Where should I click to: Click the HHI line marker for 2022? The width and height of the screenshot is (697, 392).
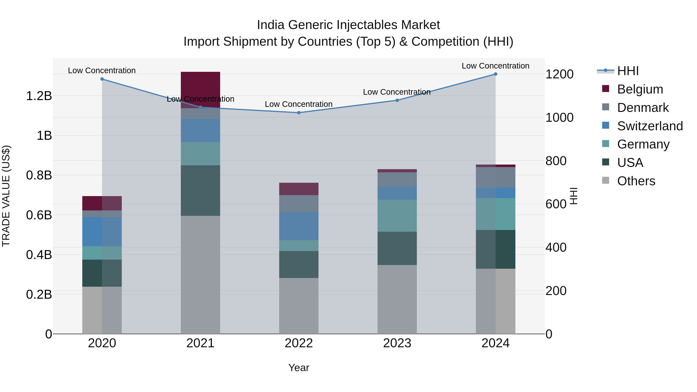(299, 112)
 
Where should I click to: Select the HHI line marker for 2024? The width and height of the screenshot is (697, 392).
(495, 74)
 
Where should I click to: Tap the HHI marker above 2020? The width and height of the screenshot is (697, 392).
(102, 79)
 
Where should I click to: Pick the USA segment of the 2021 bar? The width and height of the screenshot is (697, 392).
(200, 190)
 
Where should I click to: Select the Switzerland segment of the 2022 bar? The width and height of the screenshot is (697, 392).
(299, 226)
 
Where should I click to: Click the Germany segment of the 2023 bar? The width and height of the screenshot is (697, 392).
(397, 216)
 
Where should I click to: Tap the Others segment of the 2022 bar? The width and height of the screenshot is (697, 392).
(299, 306)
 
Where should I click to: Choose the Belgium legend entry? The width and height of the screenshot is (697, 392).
(640, 89)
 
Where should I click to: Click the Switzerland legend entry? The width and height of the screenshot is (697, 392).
(650, 126)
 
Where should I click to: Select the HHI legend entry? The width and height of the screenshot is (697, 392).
(628, 71)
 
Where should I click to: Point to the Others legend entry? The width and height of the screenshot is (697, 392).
(636, 181)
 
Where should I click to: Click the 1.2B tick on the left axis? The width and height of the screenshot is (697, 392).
(39, 96)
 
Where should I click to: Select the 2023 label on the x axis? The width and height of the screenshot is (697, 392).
(397, 343)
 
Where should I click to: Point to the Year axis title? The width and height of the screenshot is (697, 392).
(299, 368)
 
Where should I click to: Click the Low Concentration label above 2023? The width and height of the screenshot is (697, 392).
(397, 92)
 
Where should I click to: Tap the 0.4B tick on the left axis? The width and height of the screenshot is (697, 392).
(39, 255)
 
